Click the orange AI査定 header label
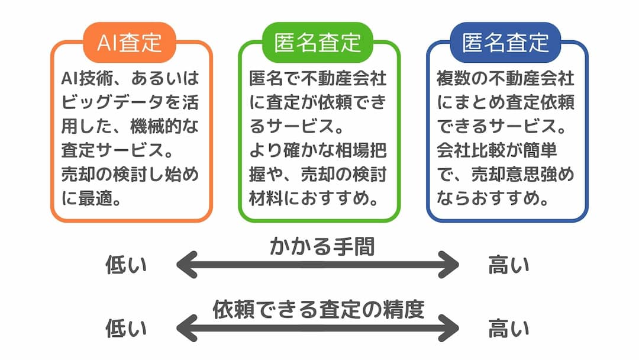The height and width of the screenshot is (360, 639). tap(129, 43)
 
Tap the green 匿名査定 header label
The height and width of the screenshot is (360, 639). tap(317, 43)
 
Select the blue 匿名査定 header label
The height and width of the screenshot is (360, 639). tap(505, 43)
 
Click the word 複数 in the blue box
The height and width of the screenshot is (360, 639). tap(454, 78)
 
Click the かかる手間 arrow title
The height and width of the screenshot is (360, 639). tap(322, 247)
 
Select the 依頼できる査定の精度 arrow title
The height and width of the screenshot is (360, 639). tap(319, 310)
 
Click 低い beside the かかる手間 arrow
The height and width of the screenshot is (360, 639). tap(126, 265)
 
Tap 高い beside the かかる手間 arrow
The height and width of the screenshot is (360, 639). tap(509, 265)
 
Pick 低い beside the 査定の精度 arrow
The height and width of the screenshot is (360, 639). tap(126, 328)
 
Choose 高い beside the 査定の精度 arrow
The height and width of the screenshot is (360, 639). tap(509, 328)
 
